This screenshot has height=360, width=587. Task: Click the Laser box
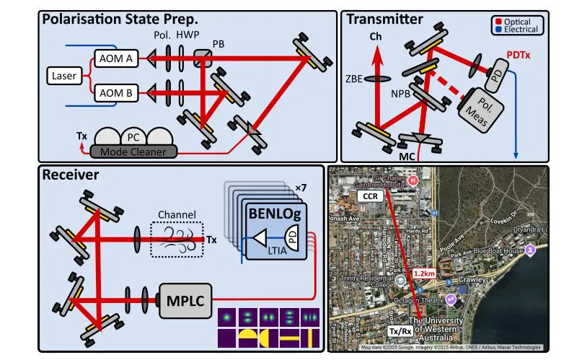click(63, 75)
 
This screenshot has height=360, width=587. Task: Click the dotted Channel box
click(177, 238)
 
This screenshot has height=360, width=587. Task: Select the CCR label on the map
click(370, 196)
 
